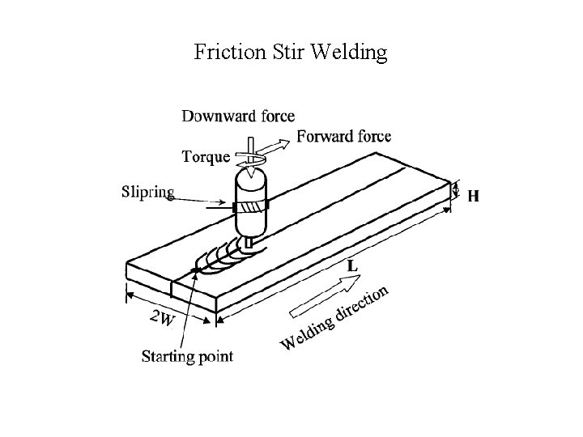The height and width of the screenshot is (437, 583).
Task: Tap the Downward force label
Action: pyautogui.click(x=238, y=117)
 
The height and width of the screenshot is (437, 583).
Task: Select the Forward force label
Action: pyautogui.click(x=343, y=136)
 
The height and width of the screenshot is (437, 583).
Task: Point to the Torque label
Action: pyautogui.click(x=206, y=156)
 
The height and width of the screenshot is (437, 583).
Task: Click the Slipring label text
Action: pyautogui.click(x=148, y=192)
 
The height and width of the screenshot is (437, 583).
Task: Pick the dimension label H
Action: pyautogui.click(x=473, y=195)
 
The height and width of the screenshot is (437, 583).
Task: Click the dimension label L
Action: pyautogui.click(x=353, y=265)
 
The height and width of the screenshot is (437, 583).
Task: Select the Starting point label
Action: pyautogui.click(x=187, y=355)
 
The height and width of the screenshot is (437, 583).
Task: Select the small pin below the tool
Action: pyautogui.click(x=249, y=241)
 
